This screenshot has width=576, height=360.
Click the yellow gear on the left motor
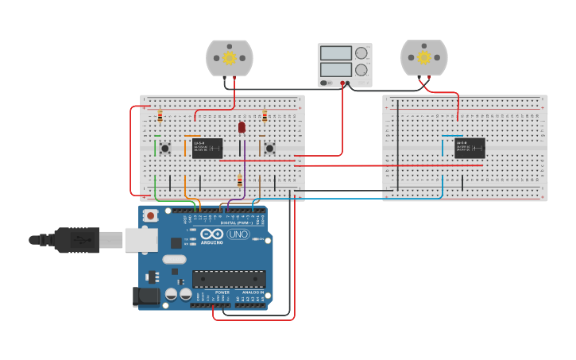click(x=230, y=58)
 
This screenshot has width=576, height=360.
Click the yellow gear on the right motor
click(x=423, y=58)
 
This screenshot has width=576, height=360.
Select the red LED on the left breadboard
click(x=242, y=127)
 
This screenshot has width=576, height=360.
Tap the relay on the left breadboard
click(x=207, y=148)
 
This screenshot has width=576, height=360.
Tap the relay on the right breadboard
click(x=470, y=148)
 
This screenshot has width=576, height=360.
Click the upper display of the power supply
click(x=335, y=53)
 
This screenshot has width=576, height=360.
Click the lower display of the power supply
click(x=335, y=70)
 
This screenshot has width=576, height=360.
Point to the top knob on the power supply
click(x=361, y=53)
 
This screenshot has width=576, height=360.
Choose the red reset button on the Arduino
click(x=150, y=215)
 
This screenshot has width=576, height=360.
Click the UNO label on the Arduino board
click(x=238, y=234)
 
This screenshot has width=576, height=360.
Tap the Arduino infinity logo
click(x=212, y=234)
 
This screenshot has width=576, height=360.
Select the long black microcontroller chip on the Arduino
click(x=229, y=279)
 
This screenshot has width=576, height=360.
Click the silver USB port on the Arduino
click(x=141, y=239)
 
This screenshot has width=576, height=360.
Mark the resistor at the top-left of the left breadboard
click(x=160, y=116)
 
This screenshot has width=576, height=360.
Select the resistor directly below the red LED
click(x=240, y=180)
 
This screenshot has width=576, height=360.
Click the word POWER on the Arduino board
click(x=222, y=292)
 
